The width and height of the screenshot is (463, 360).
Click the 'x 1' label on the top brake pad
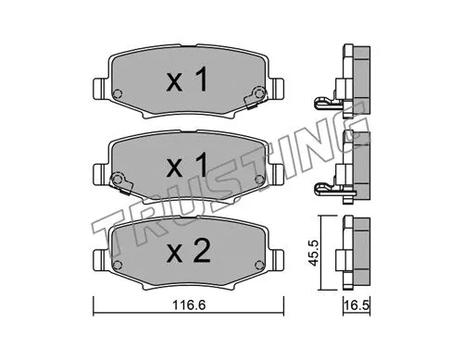(186, 81)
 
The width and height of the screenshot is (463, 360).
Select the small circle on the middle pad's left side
(118, 180)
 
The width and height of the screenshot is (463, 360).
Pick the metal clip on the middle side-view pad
(327, 188)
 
